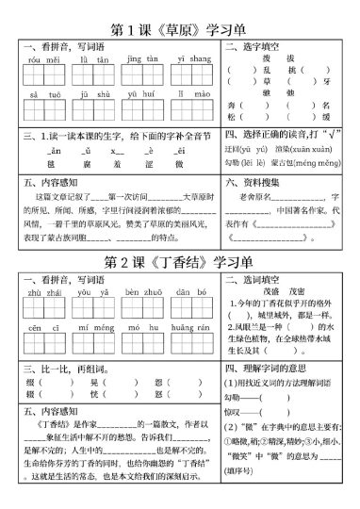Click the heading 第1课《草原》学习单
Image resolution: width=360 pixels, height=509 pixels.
click(x=179, y=21)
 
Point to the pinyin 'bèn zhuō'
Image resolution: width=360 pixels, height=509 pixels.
click(x=141, y=294)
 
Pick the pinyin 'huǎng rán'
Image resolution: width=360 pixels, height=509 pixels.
click(x=190, y=327)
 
